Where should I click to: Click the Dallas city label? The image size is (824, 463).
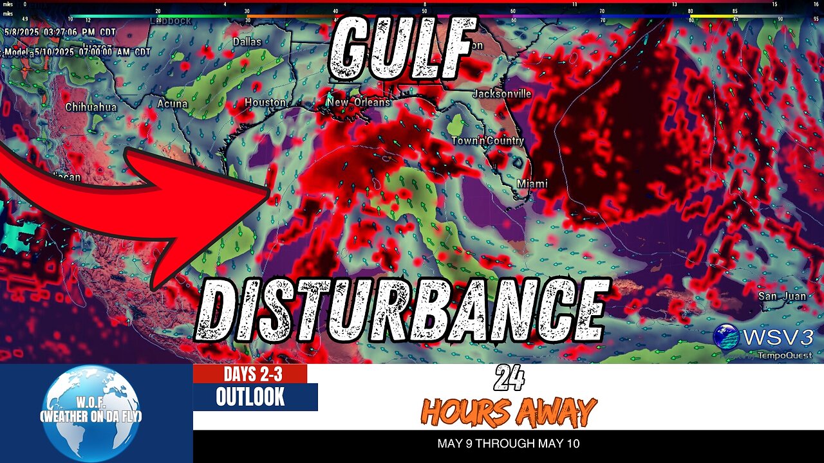point(247,42)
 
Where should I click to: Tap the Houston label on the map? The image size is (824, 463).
point(265,103)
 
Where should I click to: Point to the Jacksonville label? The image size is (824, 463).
point(502,94)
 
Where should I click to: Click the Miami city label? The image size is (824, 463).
point(532,184)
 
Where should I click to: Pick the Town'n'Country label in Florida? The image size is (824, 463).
point(487,141)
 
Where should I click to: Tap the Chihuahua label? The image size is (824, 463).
point(91,107)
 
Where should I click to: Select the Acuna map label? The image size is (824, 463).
point(173,104)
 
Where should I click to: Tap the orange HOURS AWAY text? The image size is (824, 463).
point(509,412)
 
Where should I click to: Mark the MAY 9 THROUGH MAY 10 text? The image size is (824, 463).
point(508,444)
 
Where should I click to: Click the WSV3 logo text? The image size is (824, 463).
point(778,336)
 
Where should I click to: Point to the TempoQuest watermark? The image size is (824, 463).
point(784,355)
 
